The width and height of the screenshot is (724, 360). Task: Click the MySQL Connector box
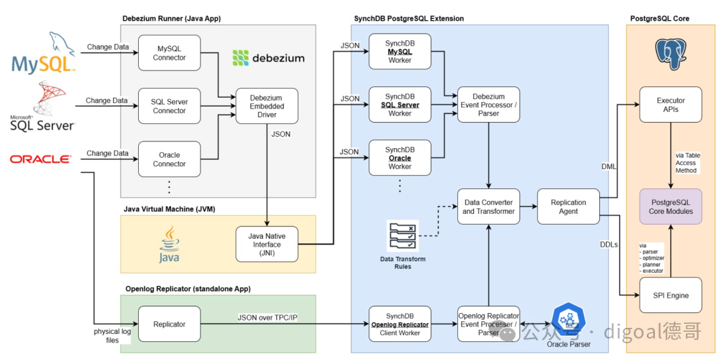point(170,53)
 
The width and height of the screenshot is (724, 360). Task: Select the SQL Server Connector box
point(170,106)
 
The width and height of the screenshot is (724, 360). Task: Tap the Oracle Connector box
point(170,160)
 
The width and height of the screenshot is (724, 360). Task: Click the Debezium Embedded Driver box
point(267,106)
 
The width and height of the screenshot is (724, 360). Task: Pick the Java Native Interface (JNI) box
point(267,244)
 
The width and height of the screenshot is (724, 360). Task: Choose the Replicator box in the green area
point(170,324)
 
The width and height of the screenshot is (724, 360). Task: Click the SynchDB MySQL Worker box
point(400,52)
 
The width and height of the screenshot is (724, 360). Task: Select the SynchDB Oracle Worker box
point(400,158)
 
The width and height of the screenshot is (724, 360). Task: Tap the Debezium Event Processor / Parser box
point(489,105)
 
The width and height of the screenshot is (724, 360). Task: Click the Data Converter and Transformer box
point(489,206)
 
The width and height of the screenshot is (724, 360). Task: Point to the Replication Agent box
point(568,206)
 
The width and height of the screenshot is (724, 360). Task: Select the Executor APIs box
point(670,105)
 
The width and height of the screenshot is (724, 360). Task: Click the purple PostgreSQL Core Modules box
point(670,206)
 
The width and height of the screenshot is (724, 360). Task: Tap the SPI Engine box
point(670,295)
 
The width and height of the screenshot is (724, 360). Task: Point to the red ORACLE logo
point(41,160)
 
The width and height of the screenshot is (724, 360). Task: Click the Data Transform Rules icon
point(404,236)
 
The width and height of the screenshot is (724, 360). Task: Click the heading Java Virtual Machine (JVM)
point(170,209)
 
